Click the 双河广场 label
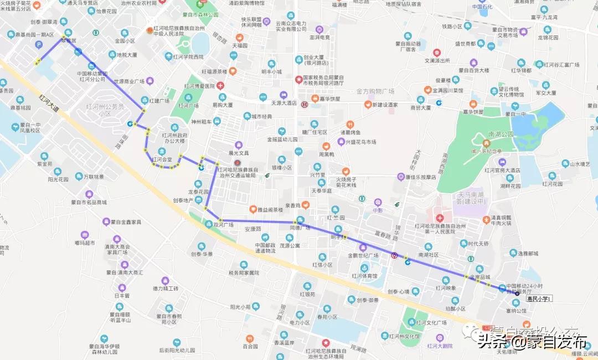pos(223,225)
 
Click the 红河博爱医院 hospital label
pos(200,86)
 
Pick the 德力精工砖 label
pos(166,289)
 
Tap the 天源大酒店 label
pos(284,104)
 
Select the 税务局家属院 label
pos(244,272)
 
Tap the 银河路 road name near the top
pos(220,39)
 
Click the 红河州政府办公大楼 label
pos(174,138)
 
